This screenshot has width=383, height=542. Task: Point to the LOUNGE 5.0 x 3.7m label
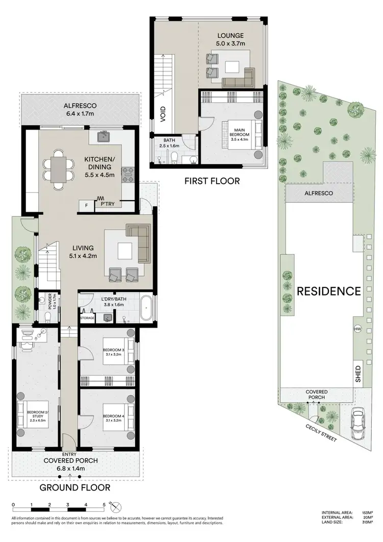coord(230,39)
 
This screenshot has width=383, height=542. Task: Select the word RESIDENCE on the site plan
coord(329,291)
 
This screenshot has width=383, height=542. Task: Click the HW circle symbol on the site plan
coord(357,329)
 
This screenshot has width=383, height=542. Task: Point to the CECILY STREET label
coord(322,433)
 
